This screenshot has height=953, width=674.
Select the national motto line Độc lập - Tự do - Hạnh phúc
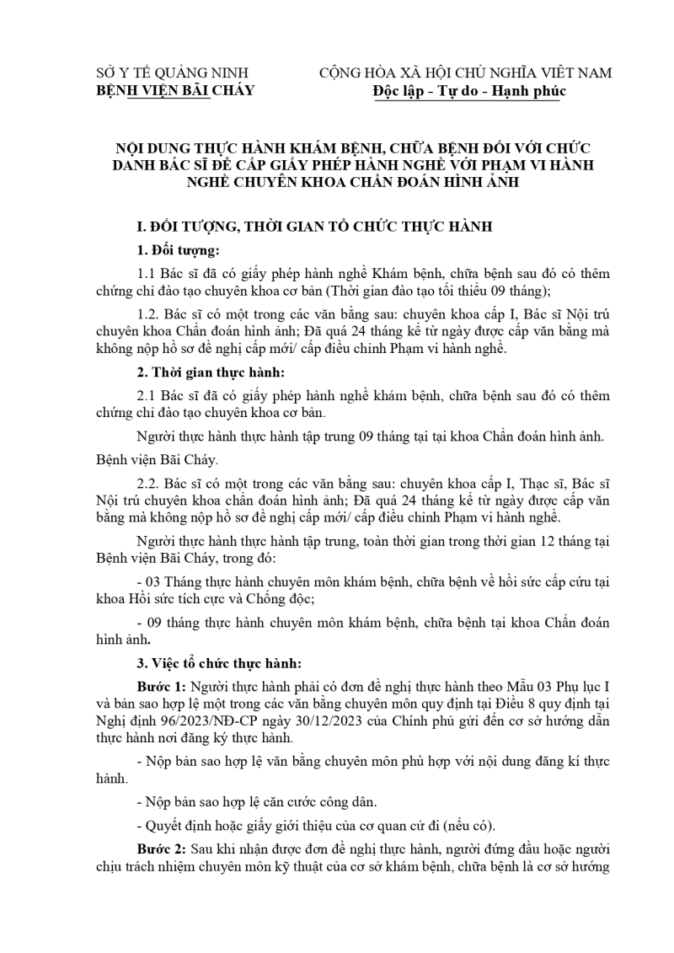[x=469, y=91]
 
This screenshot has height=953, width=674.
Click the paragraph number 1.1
[x=145, y=274]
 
